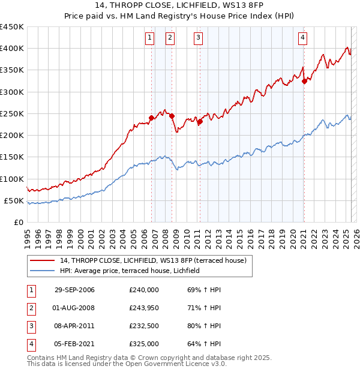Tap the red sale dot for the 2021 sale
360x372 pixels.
coord(304,82)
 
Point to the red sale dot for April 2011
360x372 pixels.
coord(200,122)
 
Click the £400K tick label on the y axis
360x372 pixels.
coord(12,49)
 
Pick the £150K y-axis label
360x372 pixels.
coord(12,157)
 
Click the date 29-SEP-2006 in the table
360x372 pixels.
coord(74,290)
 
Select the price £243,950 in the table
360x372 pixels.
coord(144,308)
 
